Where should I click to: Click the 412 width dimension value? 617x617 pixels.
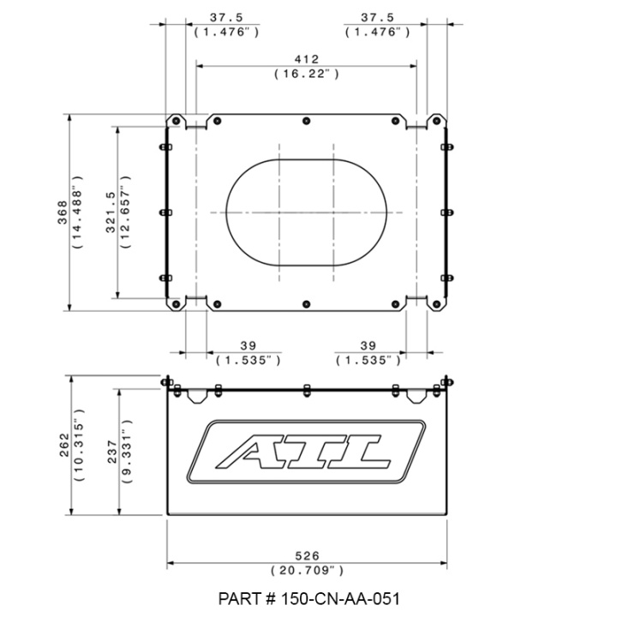[307, 59]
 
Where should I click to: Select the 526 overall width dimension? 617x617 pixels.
[307, 556]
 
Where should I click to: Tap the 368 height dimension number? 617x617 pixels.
[63, 213]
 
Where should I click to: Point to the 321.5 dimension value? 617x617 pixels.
[111, 213]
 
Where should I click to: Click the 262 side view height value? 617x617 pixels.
[64, 445]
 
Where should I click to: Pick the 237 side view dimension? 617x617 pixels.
[112, 452]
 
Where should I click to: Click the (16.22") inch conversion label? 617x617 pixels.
[307, 74]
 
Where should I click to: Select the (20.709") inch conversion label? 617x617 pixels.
[308, 571]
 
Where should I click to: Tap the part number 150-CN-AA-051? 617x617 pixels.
[308, 599]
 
